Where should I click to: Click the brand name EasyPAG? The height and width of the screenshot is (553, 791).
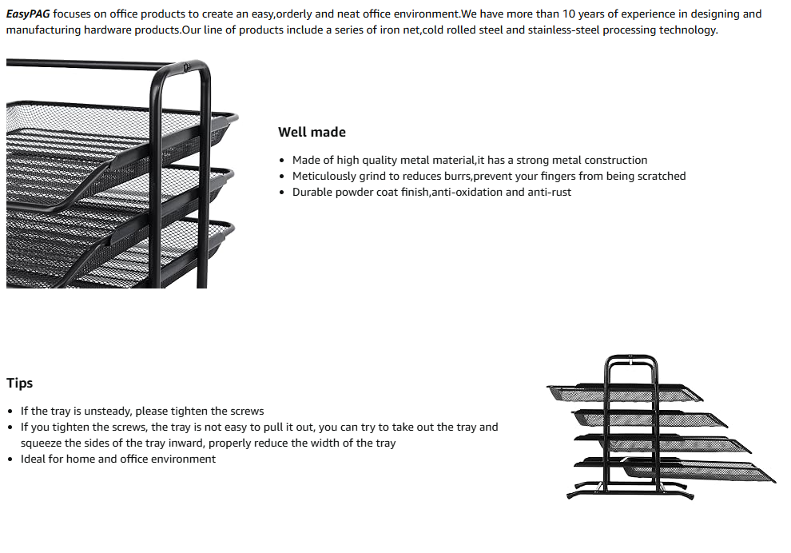pos(28,14)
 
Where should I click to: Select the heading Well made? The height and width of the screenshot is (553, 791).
pos(312,132)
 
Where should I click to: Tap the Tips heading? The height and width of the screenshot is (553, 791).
pos(20,383)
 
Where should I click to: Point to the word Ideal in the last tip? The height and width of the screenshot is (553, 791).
pos(34,459)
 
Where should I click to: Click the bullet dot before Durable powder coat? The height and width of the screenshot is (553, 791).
pos(282,193)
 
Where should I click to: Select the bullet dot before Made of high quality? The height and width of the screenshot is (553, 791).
pos(282,161)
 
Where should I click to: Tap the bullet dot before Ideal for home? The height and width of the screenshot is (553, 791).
pos(10,460)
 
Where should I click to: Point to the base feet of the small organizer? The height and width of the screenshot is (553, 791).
pos(631,489)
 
